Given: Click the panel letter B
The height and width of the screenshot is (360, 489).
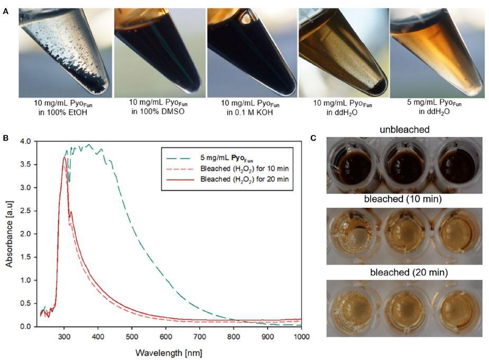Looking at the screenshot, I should pyautogui.click(x=5, y=138).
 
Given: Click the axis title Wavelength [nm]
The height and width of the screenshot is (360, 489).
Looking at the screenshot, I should pyautogui.click(x=169, y=352).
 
